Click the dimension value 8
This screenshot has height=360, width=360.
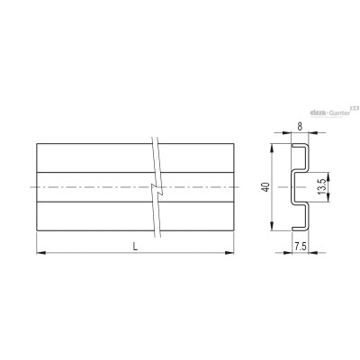pyautogui.click(x=300, y=127)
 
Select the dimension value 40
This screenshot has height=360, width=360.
pyautogui.click(x=265, y=187)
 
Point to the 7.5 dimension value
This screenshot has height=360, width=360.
pyautogui.click(x=300, y=247)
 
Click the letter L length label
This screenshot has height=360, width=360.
pyautogui.click(x=135, y=247)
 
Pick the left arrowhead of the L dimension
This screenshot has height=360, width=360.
pyautogui.click(x=40, y=253)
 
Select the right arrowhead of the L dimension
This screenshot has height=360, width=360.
pyautogui.click(x=229, y=253)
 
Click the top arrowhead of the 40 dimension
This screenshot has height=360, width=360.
pyautogui.click(x=272, y=148)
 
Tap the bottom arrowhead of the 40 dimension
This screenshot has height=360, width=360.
pyautogui.click(x=272, y=227)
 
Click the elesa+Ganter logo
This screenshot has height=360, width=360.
pyautogui.click(x=334, y=112)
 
